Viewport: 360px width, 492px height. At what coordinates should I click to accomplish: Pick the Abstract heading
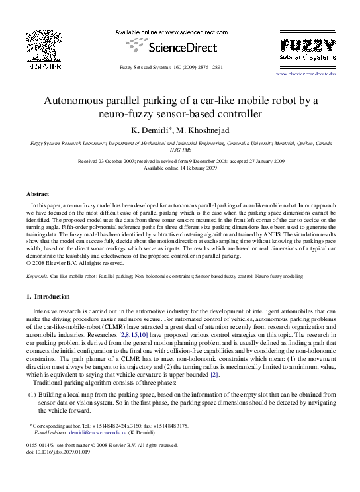[37, 194]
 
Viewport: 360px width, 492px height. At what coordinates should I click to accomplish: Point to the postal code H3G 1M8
[180, 150]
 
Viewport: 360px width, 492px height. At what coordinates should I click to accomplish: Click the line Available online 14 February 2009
[180, 168]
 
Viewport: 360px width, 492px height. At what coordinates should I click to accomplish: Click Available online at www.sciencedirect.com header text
[171, 32]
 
